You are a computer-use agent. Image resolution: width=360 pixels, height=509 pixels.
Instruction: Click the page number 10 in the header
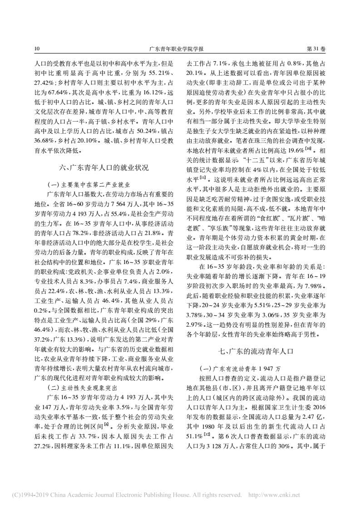point(37,48)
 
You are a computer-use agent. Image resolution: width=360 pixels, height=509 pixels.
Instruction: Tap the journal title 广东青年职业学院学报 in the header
point(180,48)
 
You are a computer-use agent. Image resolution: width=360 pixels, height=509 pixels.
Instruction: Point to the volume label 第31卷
point(316,48)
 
